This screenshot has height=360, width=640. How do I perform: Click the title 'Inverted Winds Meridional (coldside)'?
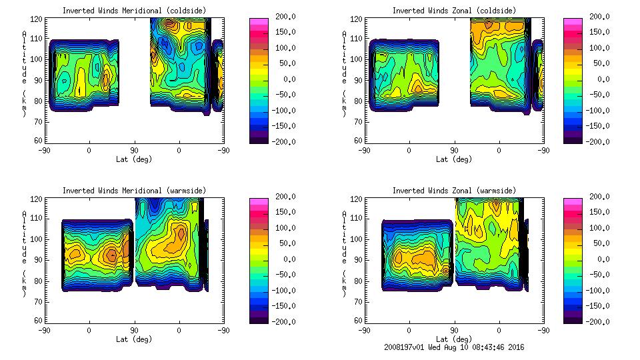(134, 10)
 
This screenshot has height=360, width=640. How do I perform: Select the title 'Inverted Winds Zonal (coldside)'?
(453, 10)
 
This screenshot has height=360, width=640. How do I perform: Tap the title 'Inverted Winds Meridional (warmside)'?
(134, 190)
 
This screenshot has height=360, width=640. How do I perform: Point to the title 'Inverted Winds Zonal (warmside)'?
(453, 190)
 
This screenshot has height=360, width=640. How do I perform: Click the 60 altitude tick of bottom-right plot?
(353, 320)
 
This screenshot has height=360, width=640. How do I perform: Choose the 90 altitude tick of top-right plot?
(353, 79)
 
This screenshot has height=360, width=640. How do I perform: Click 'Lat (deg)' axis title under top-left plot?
(134, 159)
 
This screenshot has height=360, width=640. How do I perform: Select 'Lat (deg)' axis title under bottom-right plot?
(453, 339)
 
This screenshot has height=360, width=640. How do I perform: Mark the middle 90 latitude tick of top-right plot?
(455, 151)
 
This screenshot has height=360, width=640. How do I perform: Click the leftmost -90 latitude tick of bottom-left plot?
(44, 331)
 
